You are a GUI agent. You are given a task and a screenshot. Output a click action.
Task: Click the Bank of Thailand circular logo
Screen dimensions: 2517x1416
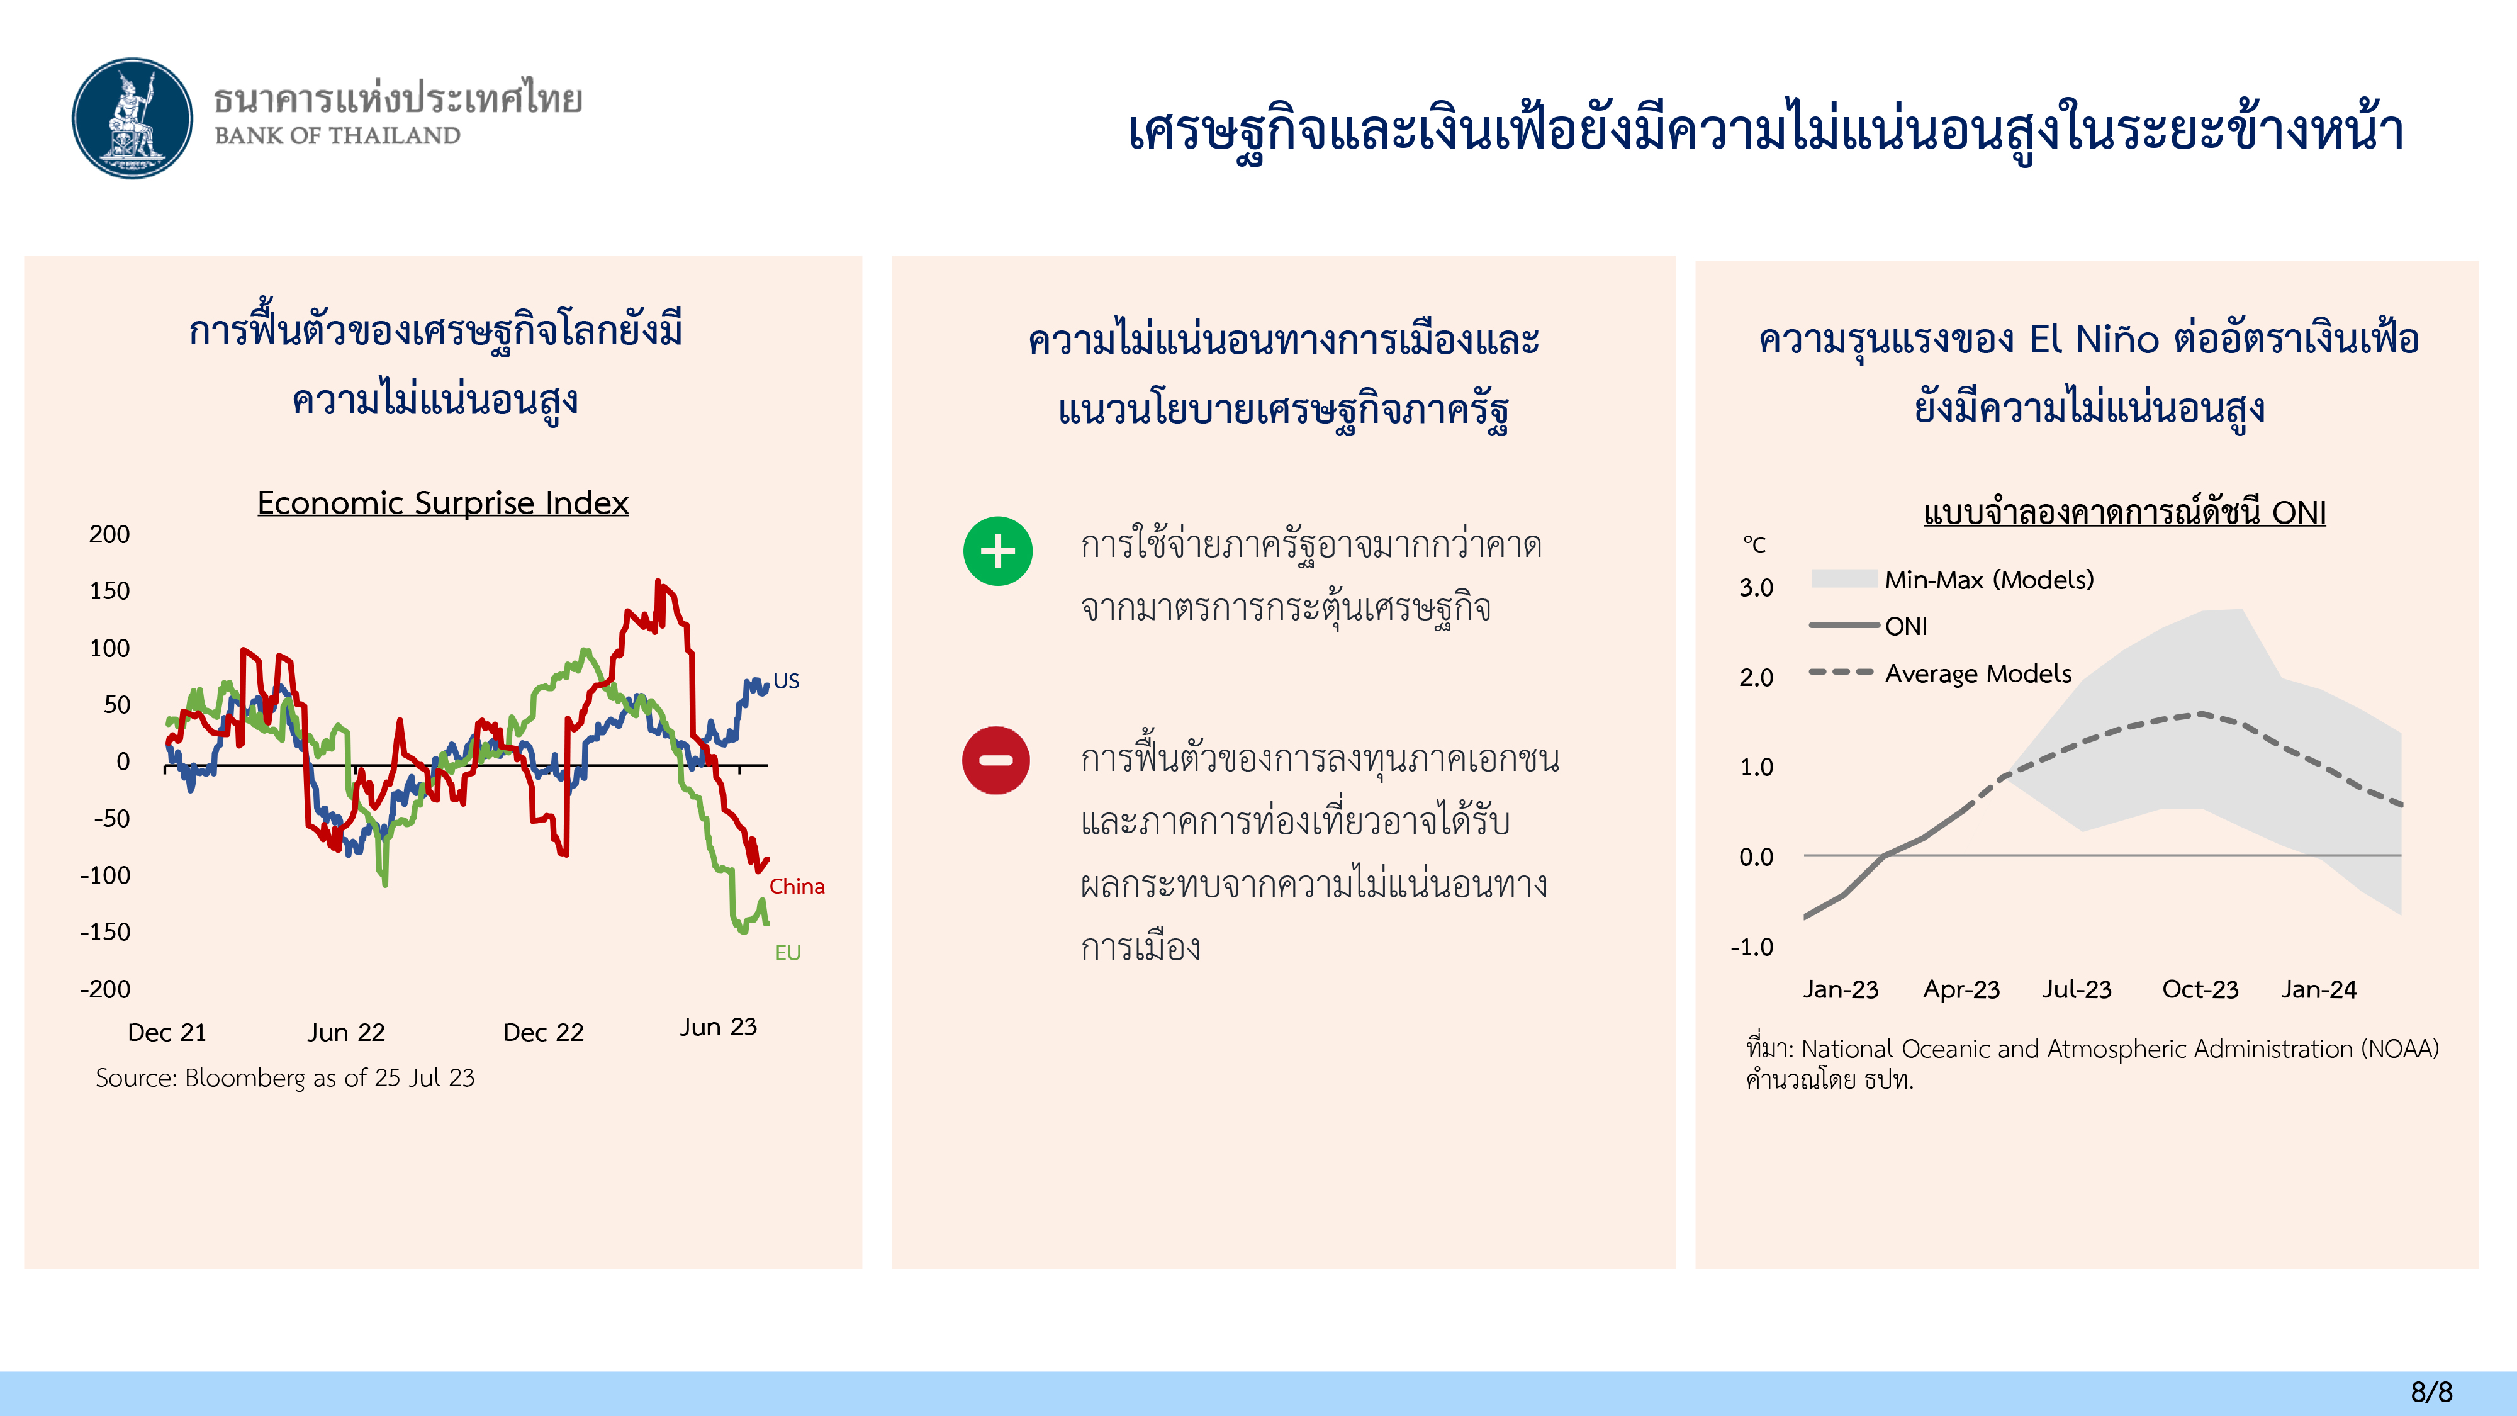pyautogui.click(x=133, y=118)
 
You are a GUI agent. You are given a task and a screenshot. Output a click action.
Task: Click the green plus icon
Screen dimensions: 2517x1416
pyautogui.click(x=997, y=551)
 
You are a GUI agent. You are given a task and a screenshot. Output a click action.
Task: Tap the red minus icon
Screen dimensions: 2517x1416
pyautogui.click(x=995, y=760)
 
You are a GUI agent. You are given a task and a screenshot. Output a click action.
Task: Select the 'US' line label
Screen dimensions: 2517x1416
pyautogui.click(x=787, y=681)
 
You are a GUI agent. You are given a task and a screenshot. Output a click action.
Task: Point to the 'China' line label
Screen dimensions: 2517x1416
pyautogui.click(x=797, y=886)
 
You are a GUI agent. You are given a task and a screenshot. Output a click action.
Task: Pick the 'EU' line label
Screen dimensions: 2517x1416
pyautogui.click(x=788, y=953)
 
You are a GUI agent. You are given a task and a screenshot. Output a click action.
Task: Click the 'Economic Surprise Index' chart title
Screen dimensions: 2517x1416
pyautogui.click(x=442, y=502)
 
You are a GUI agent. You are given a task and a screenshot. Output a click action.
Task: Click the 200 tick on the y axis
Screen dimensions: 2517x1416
pyautogui.click(x=109, y=534)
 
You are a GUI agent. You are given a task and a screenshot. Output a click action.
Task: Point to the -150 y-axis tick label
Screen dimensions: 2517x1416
pyautogui.click(x=106, y=932)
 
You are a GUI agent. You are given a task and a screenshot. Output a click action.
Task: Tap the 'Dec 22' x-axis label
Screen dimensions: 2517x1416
pyautogui.click(x=543, y=1032)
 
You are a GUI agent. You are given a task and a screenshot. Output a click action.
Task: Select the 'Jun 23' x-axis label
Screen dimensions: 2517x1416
pyautogui.click(x=718, y=1027)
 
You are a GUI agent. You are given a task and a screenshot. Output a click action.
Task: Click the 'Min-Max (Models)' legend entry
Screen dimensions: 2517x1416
pyautogui.click(x=1952, y=580)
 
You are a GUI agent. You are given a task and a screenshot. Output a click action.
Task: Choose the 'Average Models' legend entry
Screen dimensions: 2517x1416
pyautogui.click(x=1939, y=673)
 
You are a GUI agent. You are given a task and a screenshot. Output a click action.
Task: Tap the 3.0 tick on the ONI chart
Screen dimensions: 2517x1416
pyautogui.click(x=1756, y=587)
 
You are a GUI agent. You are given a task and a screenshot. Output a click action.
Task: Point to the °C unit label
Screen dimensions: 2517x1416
pyautogui.click(x=1754, y=544)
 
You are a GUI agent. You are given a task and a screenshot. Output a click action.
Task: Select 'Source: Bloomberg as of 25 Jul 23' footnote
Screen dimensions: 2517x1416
pyautogui.click(x=285, y=1078)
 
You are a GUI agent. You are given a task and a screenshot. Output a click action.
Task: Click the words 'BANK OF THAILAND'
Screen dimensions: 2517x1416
pyautogui.click(x=337, y=136)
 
